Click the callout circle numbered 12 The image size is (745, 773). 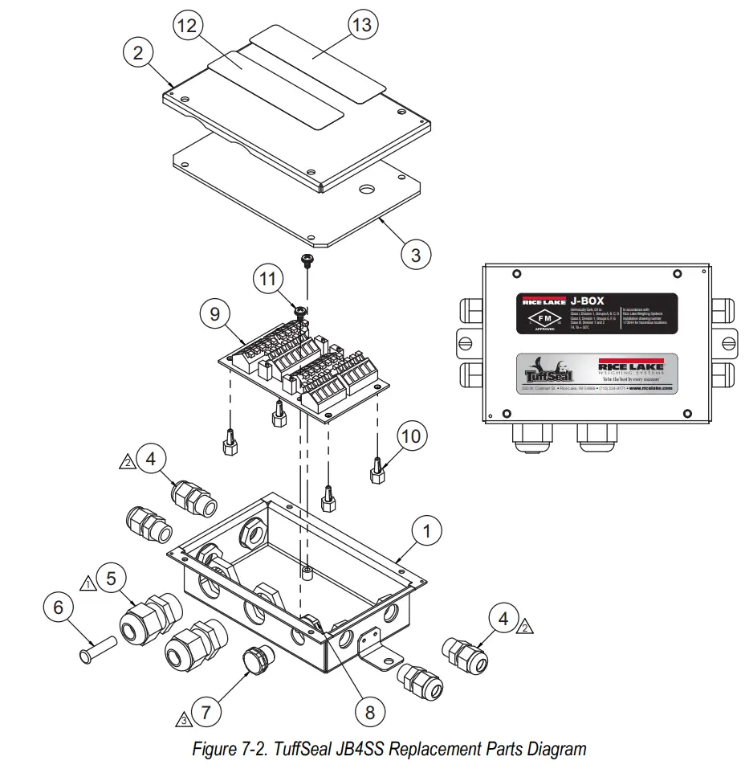tap(186, 27)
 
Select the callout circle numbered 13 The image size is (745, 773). tap(363, 25)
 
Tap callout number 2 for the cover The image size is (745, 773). tap(138, 53)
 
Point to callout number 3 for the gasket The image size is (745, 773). tap(416, 255)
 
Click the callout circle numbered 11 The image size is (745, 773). tap(270, 280)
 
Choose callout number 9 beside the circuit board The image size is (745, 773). tap(214, 314)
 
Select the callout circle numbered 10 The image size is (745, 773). tap(410, 436)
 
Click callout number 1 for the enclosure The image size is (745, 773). tap(427, 531)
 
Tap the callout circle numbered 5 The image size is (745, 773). tap(112, 577)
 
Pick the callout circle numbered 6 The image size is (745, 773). tap(58, 607)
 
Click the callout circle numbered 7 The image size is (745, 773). tap(206, 711)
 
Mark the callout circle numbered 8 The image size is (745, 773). tap(369, 712)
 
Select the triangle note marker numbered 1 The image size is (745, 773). tap(87, 580)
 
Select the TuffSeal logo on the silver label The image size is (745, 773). tap(548, 374)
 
